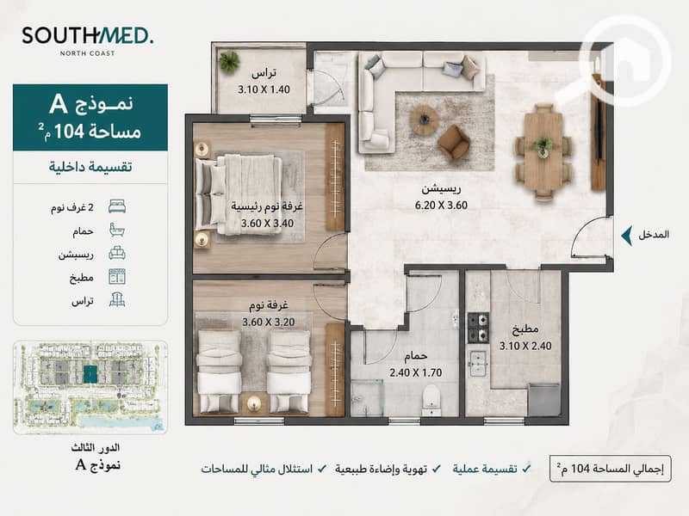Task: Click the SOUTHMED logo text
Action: [88, 35]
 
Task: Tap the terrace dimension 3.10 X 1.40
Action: [264, 89]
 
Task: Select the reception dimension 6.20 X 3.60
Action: [441, 206]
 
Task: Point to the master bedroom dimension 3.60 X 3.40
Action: [267, 224]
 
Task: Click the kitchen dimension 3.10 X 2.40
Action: [525, 347]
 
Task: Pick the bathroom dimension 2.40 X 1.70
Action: [416, 373]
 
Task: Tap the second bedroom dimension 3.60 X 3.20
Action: [269, 322]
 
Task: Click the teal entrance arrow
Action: [627, 236]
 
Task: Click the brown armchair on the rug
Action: [454, 142]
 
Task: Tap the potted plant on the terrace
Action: [229, 60]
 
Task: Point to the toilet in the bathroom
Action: [431, 400]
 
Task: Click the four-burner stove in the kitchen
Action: [478, 327]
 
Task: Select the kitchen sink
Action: [478, 363]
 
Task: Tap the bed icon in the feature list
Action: [117, 206]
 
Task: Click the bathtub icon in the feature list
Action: [117, 230]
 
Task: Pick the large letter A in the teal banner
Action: [58, 104]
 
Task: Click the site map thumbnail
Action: [90, 388]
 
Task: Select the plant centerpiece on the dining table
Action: [543, 146]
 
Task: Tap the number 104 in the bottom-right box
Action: [580, 469]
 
